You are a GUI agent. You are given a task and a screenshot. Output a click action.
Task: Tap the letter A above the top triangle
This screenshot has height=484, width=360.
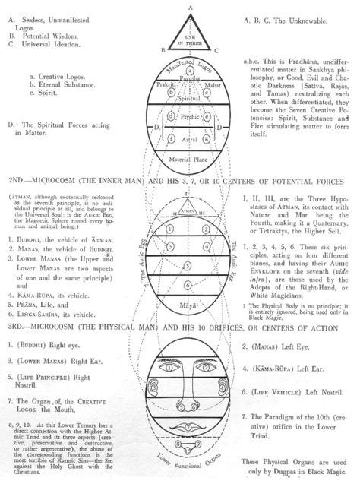(x=181, y=5)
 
